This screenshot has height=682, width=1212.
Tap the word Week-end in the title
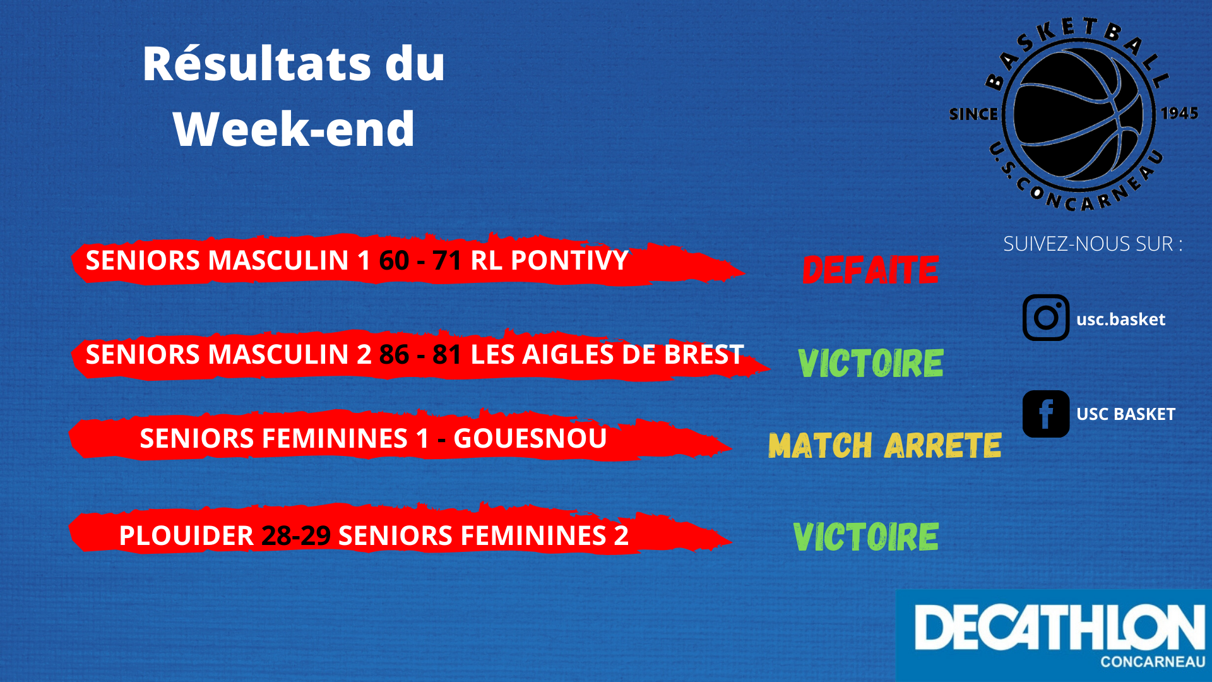[294, 129]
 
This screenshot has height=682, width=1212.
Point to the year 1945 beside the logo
[1179, 114]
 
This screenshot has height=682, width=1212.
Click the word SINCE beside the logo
[973, 114]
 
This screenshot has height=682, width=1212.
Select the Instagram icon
[1046, 318]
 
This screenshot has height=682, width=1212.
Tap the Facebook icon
[1046, 414]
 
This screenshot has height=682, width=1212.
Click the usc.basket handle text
[1120, 320]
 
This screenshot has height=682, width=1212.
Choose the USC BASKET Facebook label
[1126, 414]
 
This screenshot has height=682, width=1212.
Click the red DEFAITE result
[870, 270]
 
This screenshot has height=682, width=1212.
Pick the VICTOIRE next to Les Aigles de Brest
[870, 364]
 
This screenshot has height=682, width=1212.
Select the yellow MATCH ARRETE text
[885, 445]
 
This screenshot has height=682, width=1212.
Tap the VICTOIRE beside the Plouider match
[865, 537]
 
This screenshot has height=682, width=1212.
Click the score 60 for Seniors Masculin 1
[395, 261]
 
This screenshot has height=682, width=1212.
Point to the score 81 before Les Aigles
[447, 355]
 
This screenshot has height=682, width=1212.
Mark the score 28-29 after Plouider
[296, 536]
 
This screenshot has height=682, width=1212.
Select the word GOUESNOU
[530, 439]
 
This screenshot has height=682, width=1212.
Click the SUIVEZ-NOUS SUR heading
[1093, 244]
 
